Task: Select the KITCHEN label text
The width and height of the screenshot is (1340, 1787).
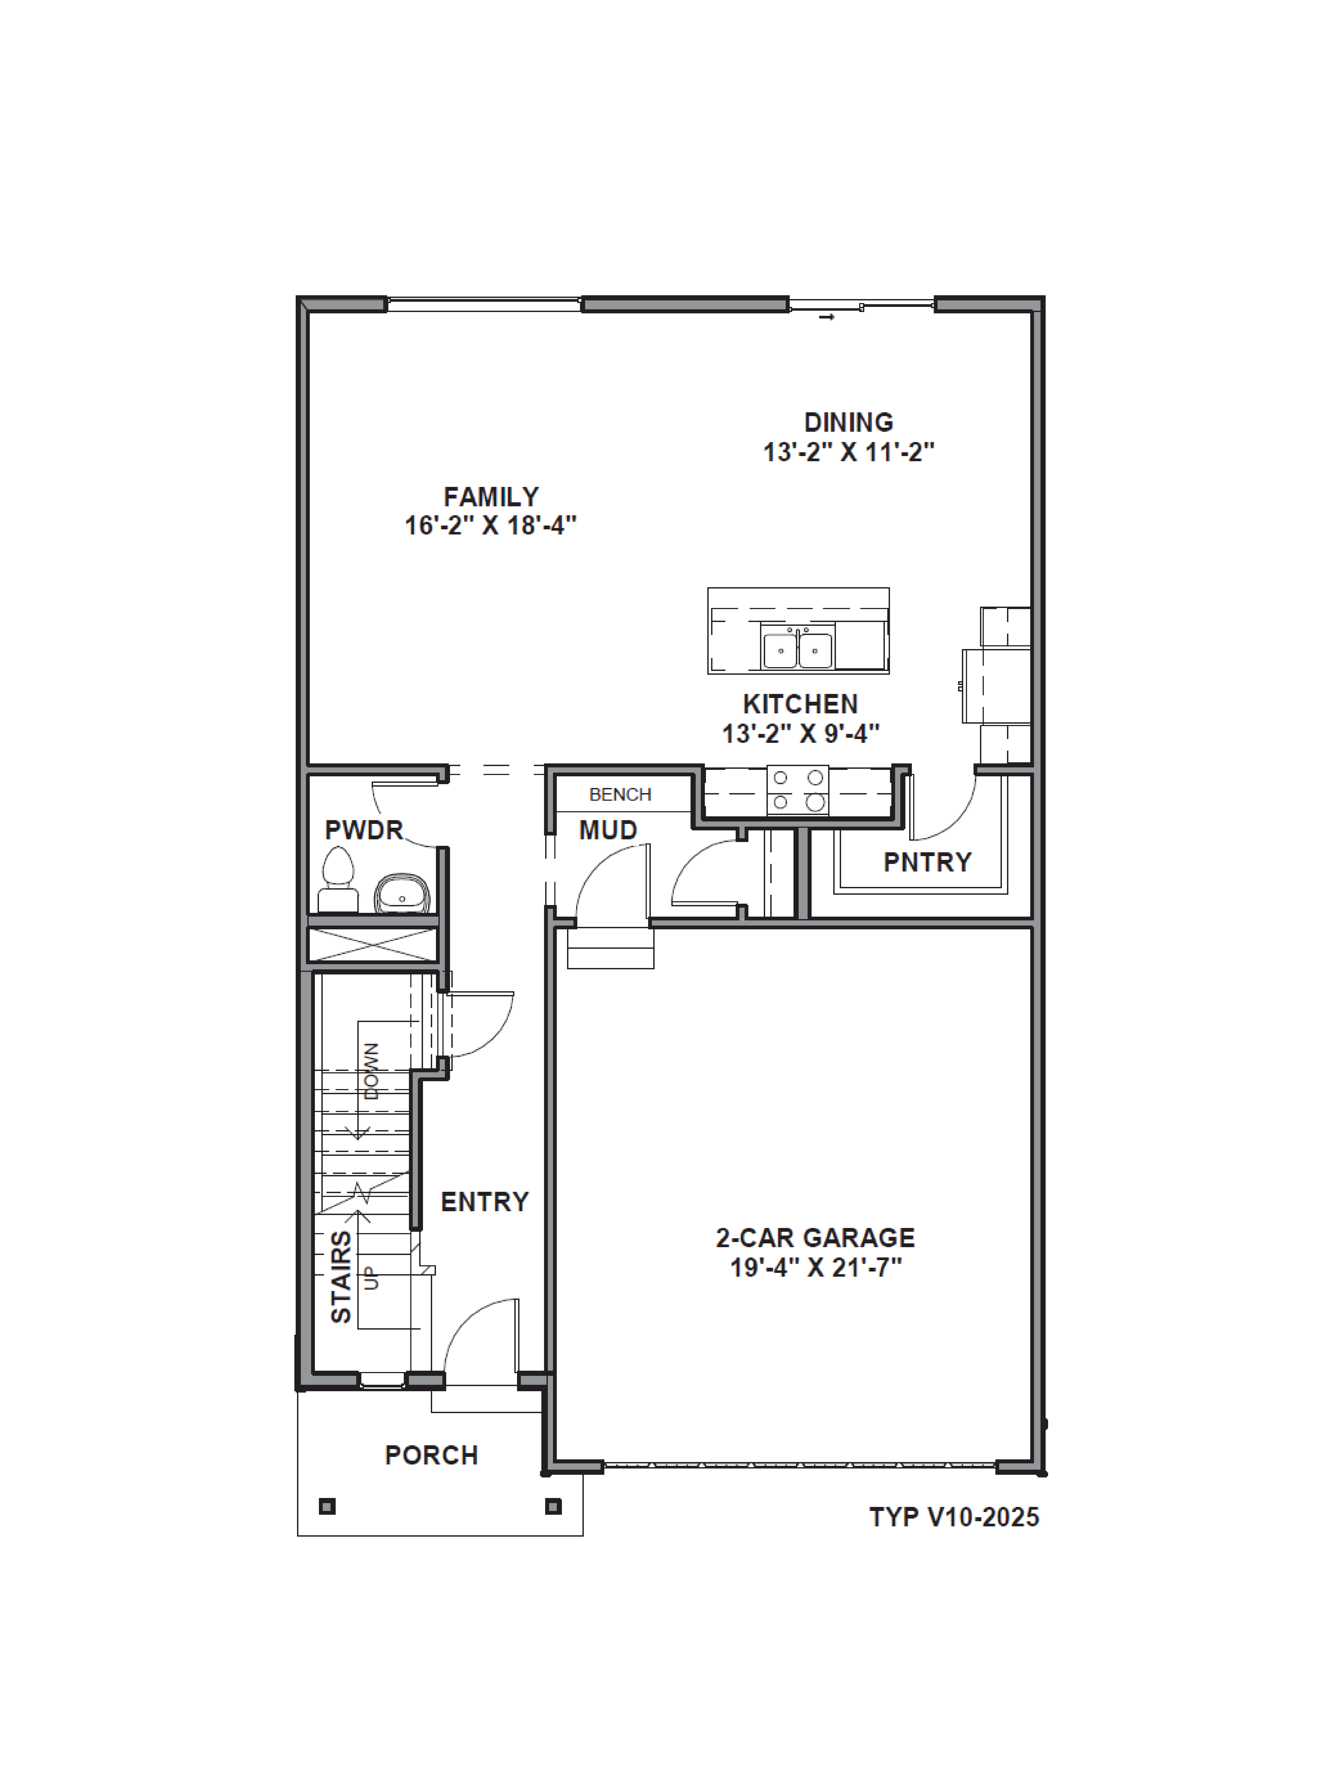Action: coord(800,704)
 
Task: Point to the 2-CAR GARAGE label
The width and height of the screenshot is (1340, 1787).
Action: coord(815,1238)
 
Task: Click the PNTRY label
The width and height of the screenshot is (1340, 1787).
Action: coord(927,862)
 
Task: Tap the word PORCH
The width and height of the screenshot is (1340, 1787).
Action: coord(431,1455)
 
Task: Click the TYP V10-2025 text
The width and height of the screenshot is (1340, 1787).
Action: coord(954,1517)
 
